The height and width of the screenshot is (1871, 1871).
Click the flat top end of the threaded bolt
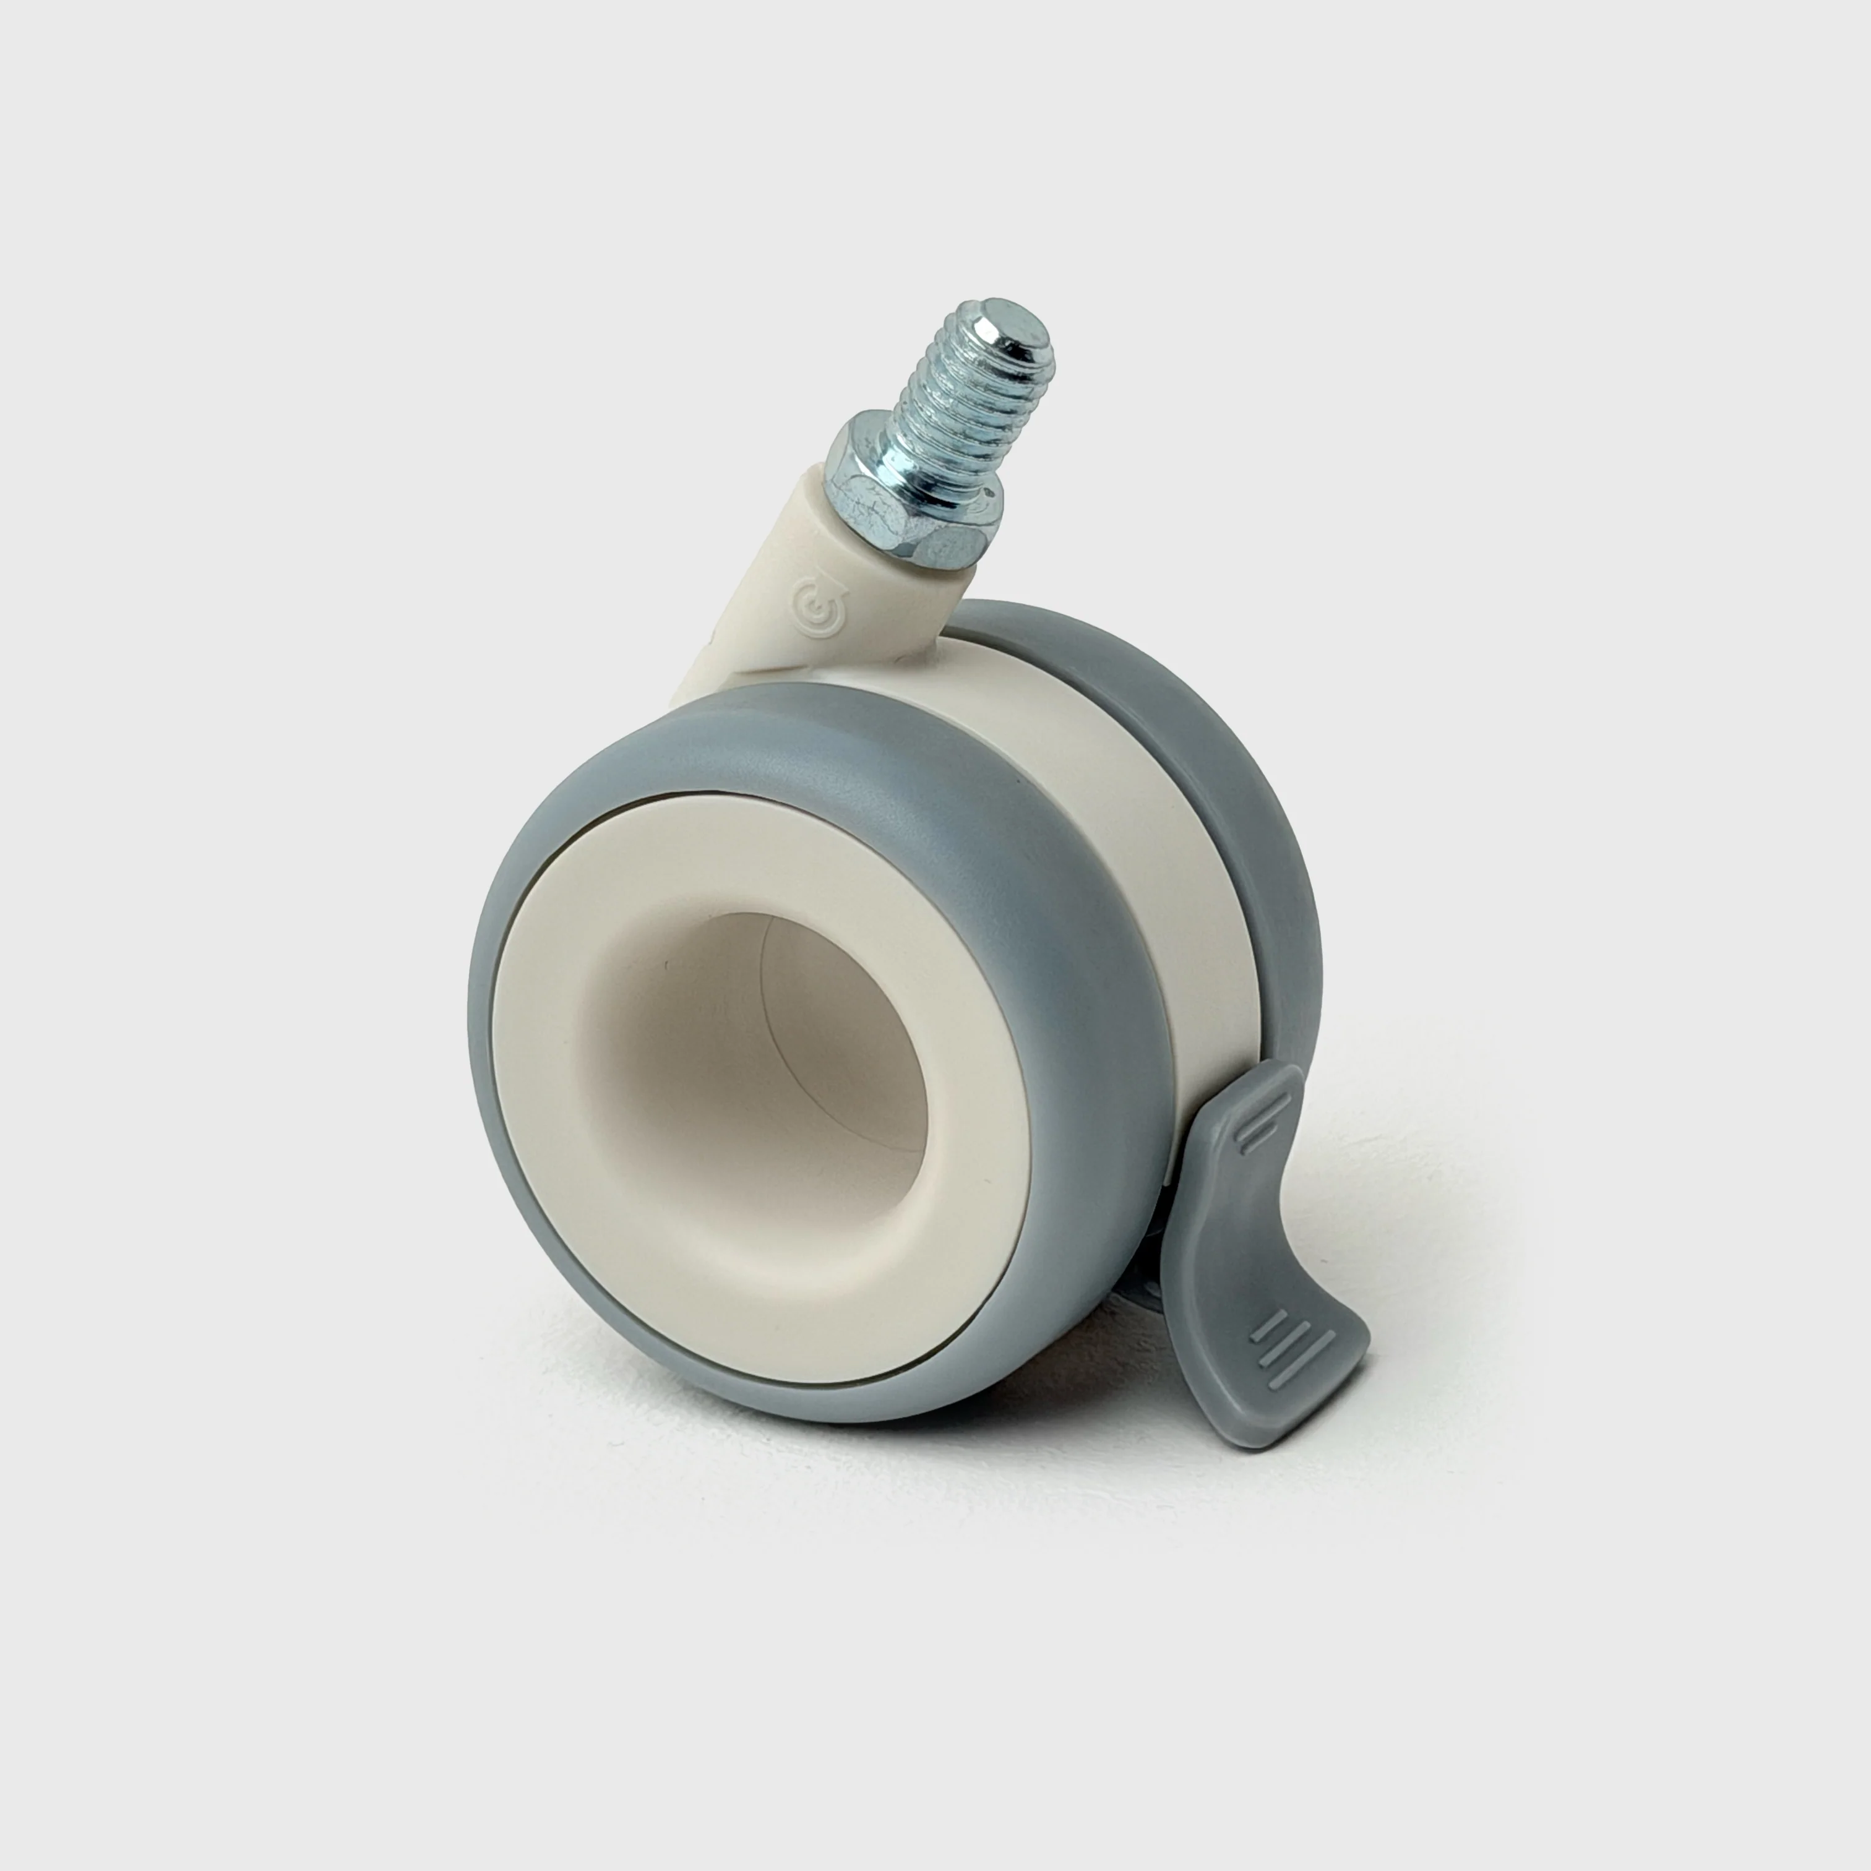point(1012,320)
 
